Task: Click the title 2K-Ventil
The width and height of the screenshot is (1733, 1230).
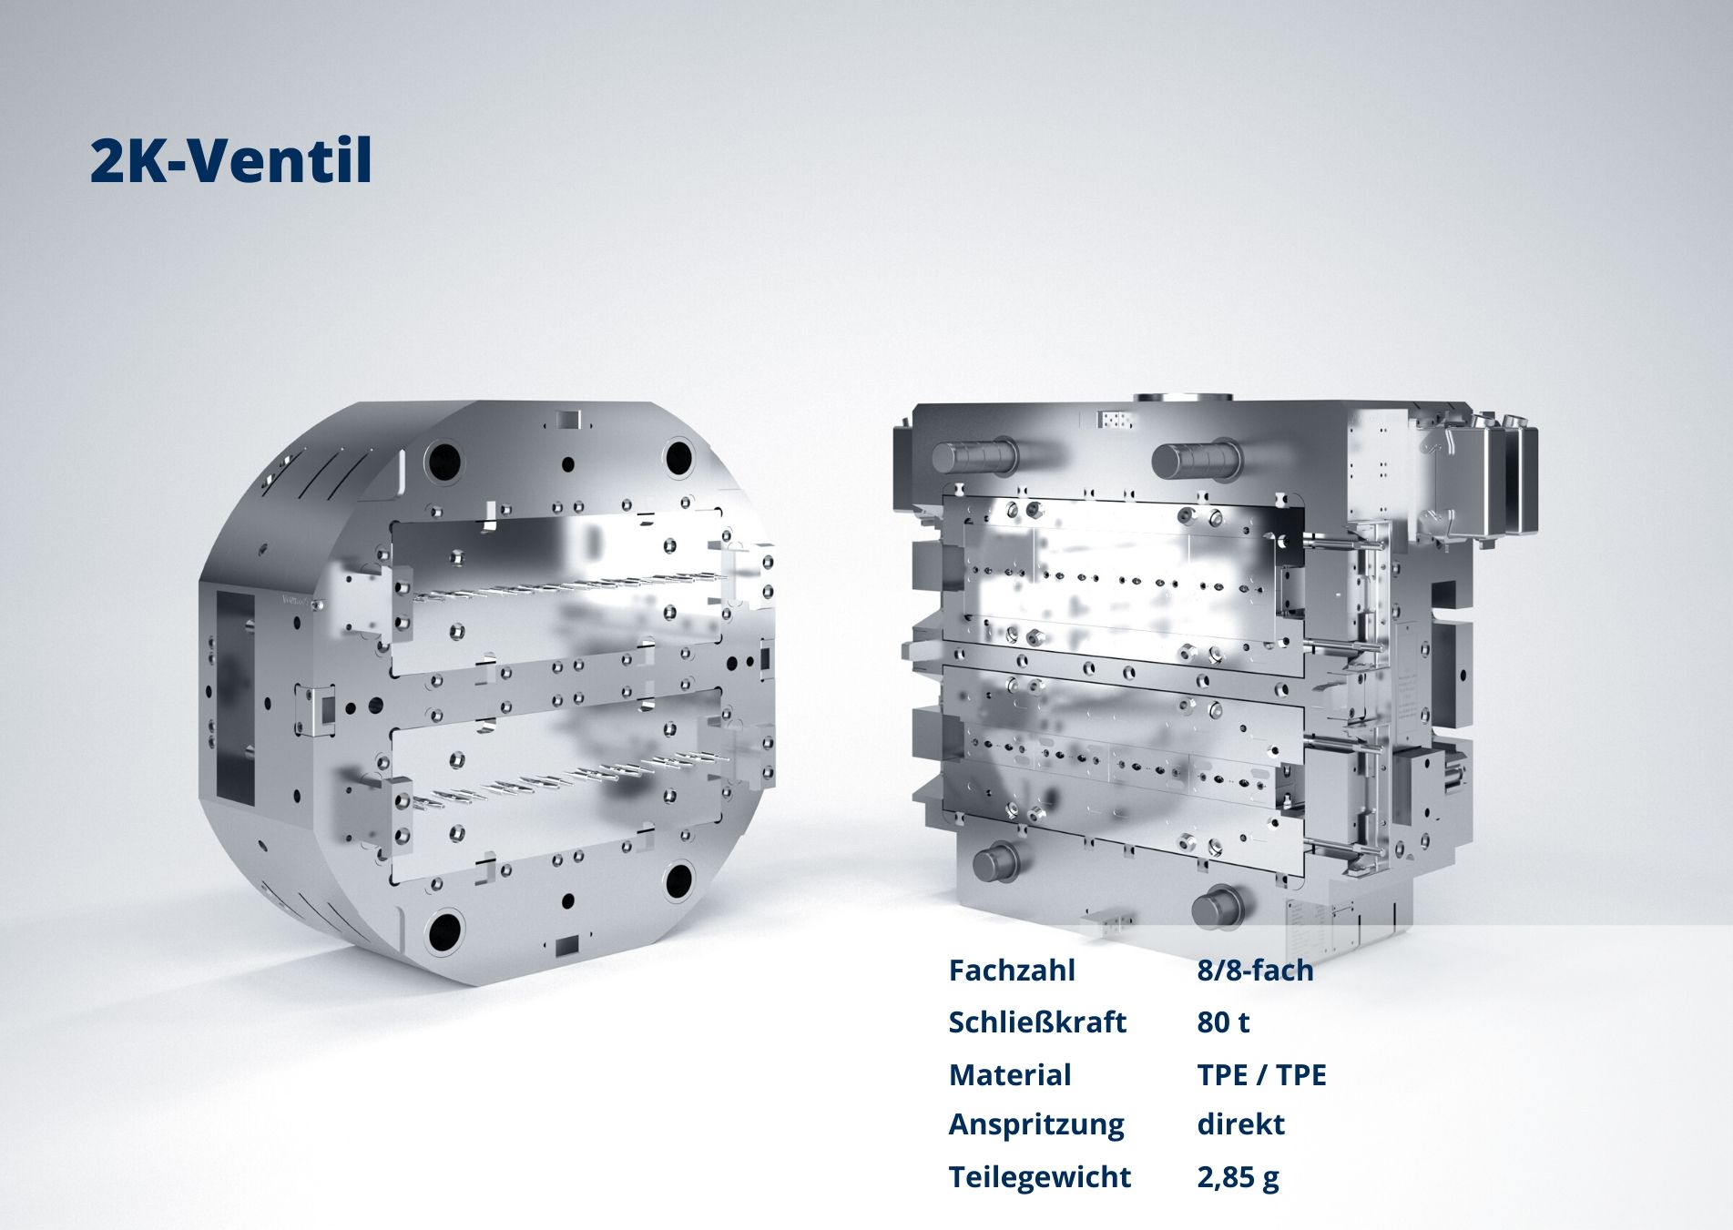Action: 231,161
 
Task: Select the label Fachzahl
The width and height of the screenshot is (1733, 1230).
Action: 1012,971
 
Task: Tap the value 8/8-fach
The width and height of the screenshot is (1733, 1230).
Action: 1255,971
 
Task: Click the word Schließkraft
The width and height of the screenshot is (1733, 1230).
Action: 1037,1022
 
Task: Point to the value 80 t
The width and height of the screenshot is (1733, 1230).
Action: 1223,1022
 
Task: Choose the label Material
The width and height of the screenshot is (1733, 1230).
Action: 1010,1075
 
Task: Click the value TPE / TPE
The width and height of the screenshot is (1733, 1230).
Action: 1261,1075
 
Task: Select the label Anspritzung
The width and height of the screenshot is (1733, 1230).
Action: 1036,1125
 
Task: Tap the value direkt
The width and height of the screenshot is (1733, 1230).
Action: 1240,1124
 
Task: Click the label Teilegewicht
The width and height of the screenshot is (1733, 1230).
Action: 1039,1177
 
